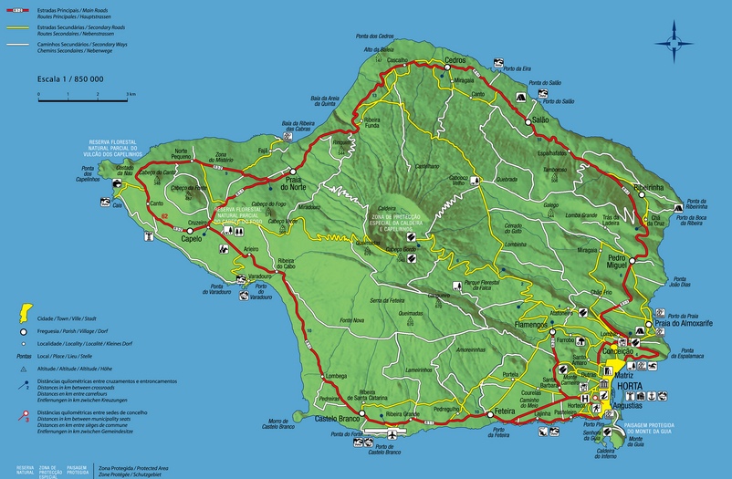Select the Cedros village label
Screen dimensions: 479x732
click(455, 59)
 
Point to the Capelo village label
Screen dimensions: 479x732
click(192, 239)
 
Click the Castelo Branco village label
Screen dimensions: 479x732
click(340, 418)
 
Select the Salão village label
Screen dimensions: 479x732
click(540, 120)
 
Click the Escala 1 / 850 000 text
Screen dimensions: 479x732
click(69, 79)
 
